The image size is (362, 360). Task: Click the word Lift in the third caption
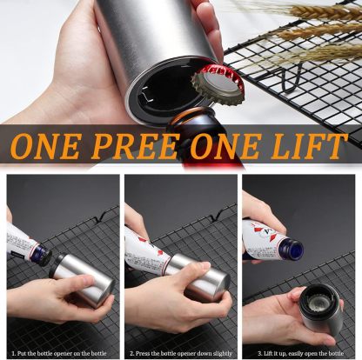[x=262, y=353]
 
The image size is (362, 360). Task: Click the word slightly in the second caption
[x=222, y=353]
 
